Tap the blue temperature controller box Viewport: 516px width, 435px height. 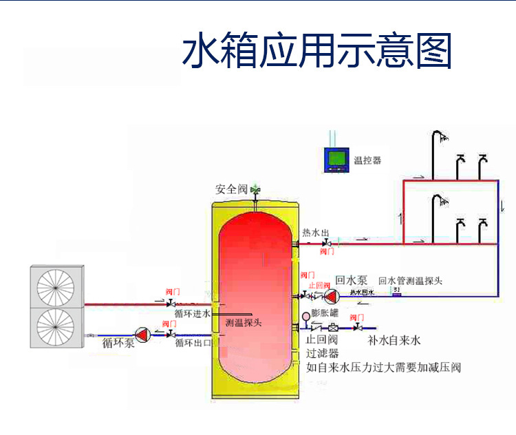pyautogui.click(x=336, y=160)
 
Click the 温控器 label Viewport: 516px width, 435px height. pyautogui.click(x=367, y=161)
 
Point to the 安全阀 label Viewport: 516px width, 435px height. pyautogui.click(x=231, y=189)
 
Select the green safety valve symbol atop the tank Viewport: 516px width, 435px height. pyautogui.click(x=255, y=189)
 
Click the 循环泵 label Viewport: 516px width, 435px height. pyautogui.click(x=118, y=342)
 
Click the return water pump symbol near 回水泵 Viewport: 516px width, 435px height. pyautogui.click(x=332, y=296)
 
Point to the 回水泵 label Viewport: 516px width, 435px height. pyautogui.click(x=352, y=281)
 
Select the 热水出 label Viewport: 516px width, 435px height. pyautogui.click(x=316, y=233)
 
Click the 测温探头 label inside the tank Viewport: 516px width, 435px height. pyautogui.click(x=244, y=321)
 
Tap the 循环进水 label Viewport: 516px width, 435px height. pyautogui.click(x=192, y=314)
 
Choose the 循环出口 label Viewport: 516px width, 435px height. pyautogui.click(x=193, y=342)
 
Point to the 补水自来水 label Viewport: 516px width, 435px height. pyautogui.click(x=394, y=340)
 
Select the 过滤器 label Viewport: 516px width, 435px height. pyautogui.click(x=323, y=353)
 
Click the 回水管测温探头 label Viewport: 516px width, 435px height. pyautogui.click(x=411, y=281)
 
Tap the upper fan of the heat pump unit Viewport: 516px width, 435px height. pyautogui.click(x=56, y=286)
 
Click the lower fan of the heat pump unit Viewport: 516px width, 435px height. pyautogui.click(x=56, y=327)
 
